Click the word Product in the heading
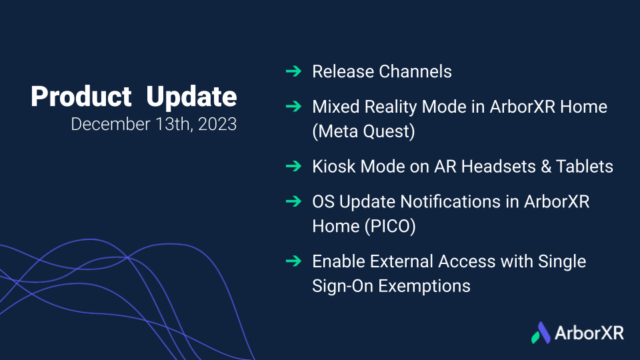point(81,97)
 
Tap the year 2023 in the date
point(217,124)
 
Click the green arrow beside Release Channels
point(293,71)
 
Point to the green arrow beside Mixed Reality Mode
point(293,107)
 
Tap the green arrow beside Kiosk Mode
point(293,166)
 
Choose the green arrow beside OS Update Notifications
point(293,201)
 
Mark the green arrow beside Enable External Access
point(293,261)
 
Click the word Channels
point(415,71)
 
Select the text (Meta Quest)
point(364,131)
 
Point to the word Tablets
point(585,167)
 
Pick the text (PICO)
point(390,227)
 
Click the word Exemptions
point(424,286)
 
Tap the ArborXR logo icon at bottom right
point(541,333)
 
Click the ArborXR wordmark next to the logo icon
point(589,333)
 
